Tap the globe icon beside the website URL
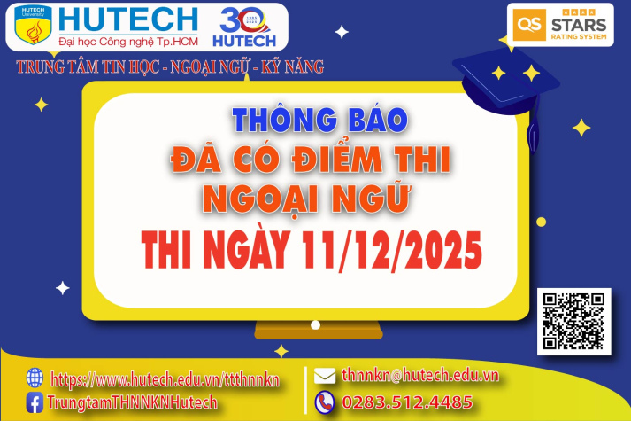35,378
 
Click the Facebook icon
35,402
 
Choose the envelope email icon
325,376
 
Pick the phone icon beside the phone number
325,402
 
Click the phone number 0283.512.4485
406,402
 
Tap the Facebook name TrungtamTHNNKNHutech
134,403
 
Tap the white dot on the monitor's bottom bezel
313,325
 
